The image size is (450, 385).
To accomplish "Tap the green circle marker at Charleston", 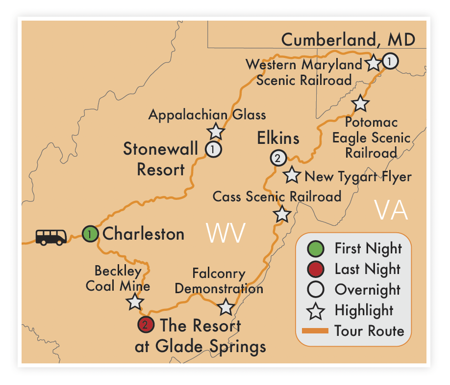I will [x=90, y=234].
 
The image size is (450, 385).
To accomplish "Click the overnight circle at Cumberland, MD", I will [x=390, y=61].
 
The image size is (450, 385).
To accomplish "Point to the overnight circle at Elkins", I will [x=277, y=158].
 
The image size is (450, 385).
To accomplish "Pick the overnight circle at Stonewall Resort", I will [x=213, y=149].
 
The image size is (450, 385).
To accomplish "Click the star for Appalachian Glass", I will [x=216, y=131].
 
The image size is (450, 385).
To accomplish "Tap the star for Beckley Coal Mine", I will [x=135, y=302].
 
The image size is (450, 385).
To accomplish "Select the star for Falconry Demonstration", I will [x=225, y=306].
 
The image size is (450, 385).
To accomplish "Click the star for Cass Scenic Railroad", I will [x=282, y=214].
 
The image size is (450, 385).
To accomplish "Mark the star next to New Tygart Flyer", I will [x=292, y=174].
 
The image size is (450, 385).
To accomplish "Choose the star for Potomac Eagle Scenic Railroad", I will [x=360, y=103].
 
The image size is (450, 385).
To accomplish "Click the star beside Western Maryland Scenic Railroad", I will [x=374, y=63].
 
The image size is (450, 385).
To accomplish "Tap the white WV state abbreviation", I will [x=225, y=233].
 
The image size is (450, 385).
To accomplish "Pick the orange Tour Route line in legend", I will [x=315, y=330].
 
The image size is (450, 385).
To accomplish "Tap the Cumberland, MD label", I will [x=348, y=39].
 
